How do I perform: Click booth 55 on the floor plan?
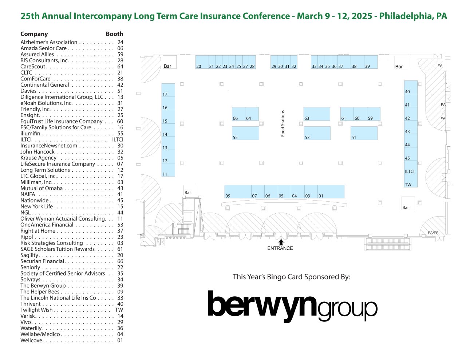tap(245, 133)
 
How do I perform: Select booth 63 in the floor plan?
tap(317, 114)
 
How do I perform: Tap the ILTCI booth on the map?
tap(411, 167)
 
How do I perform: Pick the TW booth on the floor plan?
tap(411, 181)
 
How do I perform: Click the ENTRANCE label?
tap(280, 248)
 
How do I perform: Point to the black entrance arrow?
tap(281, 242)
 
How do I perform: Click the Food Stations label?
tap(283, 123)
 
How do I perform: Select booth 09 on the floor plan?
tap(238, 192)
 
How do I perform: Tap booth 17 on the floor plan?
tap(168, 90)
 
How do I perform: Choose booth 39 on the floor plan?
tap(371, 62)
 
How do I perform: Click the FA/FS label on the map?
tap(433, 233)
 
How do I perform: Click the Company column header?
tap(34, 34)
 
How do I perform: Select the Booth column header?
tap(114, 34)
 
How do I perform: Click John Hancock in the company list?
tap(37, 151)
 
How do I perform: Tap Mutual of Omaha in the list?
tap(42, 188)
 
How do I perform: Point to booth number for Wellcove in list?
tap(120, 340)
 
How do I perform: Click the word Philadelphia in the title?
tap(406, 16)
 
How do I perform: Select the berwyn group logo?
tap(292, 306)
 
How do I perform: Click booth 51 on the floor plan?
tap(364, 133)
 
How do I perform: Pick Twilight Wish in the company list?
tap(36, 310)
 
